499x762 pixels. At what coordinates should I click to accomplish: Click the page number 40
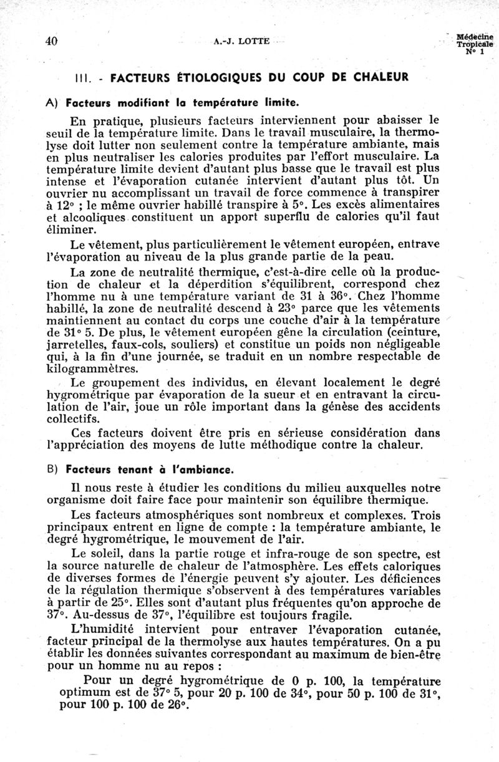click(52, 41)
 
